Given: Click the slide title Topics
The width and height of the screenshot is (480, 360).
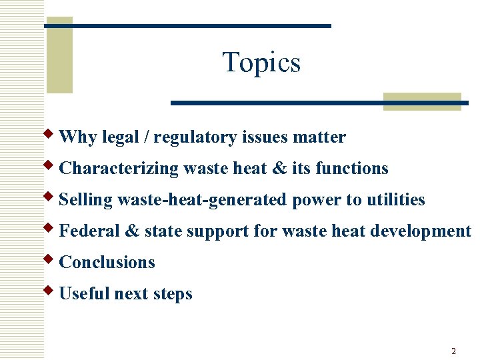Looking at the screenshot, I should click(x=261, y=63).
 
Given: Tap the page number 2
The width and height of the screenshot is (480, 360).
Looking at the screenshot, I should click(x=453, y=351).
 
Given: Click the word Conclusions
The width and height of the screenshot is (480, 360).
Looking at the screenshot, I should click(x=107, y=263).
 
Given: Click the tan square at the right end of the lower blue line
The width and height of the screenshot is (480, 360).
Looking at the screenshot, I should click(x=422, y=101).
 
